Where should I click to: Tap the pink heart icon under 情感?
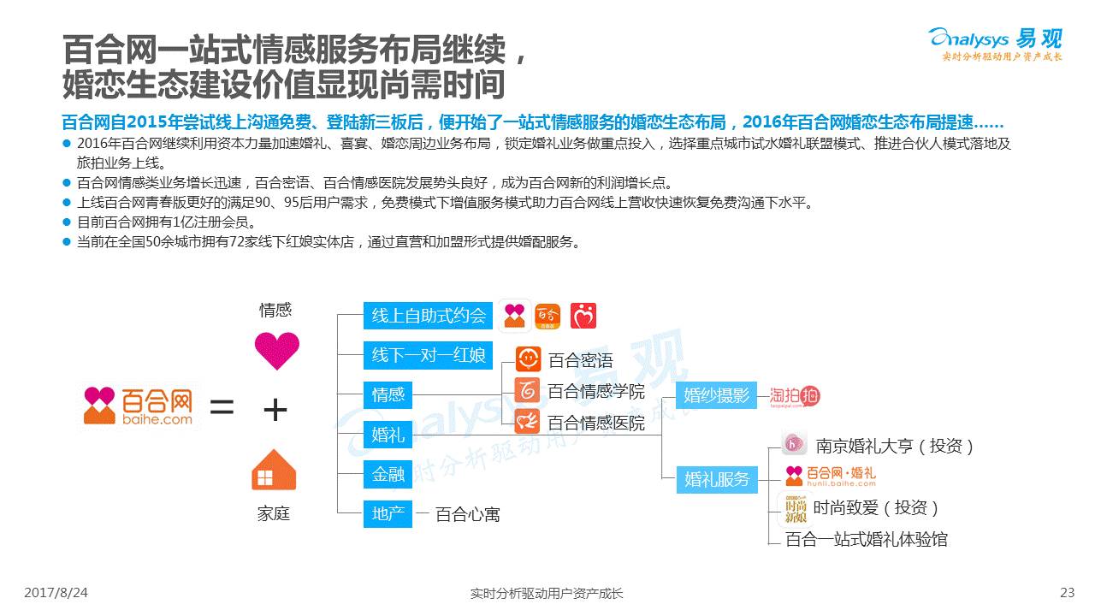coord(276,351)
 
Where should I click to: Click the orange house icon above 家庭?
coord(274,470)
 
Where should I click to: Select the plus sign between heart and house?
coord(275,411)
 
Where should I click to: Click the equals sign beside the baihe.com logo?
coord(222,407)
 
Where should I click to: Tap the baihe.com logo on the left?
coord(138,406)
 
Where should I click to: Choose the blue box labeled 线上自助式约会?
coord(429,315)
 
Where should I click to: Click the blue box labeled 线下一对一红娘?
coord(429,355)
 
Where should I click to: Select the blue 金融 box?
coord(388,473)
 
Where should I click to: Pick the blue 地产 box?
coord(388,513)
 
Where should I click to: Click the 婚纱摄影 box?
coord(716,394)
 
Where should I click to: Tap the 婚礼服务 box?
coord(716,479)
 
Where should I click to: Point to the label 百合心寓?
coord(467,514)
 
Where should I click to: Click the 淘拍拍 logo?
coord(794,395)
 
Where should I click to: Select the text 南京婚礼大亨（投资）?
coord(895,446)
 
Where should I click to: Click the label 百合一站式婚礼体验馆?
coord(866,539)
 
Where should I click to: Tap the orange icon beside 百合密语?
coord(528,359)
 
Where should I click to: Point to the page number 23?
coord(1067,593)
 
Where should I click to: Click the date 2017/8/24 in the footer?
coord(56,593)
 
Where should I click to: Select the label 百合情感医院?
coord(596,422)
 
